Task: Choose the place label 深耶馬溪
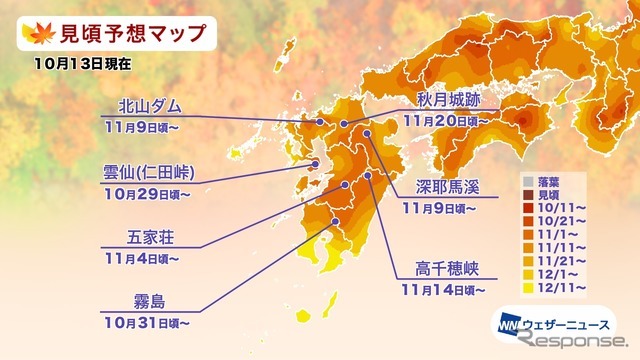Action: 447,189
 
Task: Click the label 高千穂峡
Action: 447,269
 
